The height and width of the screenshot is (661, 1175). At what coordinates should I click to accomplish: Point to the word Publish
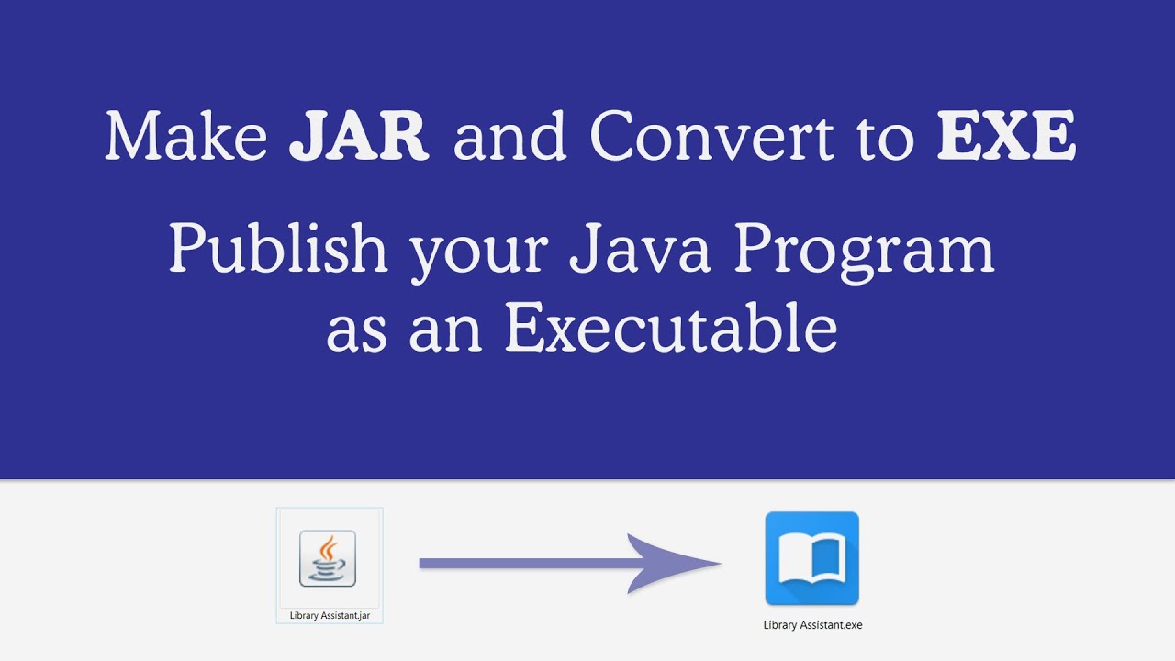pyautogui.click(x=278, y=250)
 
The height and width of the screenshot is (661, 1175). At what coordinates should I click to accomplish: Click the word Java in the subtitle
pyautogui.click(x=639, y=250)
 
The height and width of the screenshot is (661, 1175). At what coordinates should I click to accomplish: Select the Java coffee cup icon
pyautogui.click(x=328, y=558)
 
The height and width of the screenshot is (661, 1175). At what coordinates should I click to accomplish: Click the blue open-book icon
pyautogui.click(x=811, y=558)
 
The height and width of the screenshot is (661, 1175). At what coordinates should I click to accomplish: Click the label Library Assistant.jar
pyautogui.click(x=330, y=616)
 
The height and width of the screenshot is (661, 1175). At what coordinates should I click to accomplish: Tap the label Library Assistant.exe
pyautogui.click(x=812, y=625)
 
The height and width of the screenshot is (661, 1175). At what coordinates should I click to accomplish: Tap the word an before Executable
pyautogui.click(x=446, y=332)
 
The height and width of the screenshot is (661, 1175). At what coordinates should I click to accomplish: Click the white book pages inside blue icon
pyautogui.click(x=811, y=562)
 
